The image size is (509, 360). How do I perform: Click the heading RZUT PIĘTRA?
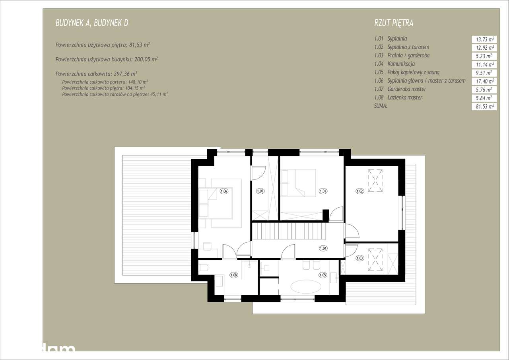(394, 23)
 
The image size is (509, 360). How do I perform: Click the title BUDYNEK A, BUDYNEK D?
(92, 23)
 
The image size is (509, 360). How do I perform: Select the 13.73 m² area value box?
(484, 39)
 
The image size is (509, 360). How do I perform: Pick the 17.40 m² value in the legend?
(484, 81)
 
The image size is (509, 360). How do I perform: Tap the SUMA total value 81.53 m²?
(484, 107)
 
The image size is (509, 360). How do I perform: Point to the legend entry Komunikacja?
(401, 64)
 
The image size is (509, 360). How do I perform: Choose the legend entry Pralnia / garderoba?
(408, 56)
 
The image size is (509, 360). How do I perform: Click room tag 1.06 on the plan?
(223, 191)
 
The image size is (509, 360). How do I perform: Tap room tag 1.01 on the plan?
(323, 191)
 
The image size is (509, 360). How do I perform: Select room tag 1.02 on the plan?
(359, 191)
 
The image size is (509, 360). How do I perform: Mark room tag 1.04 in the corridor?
(323, 248)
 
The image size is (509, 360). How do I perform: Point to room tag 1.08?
(233, 274)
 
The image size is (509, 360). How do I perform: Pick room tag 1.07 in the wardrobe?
(260, 191)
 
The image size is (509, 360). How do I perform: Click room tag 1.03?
(359, 258)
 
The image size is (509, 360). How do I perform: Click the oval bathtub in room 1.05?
(306, 286)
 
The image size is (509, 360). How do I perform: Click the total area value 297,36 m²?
(123, 74)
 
